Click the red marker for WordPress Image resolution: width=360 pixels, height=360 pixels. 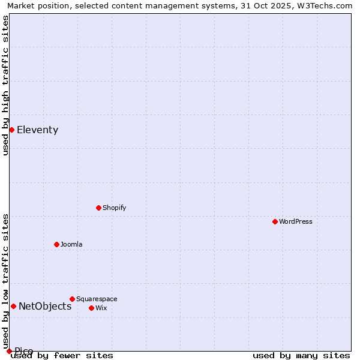coord(275,221)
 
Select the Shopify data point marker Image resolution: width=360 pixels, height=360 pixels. coord(98,208)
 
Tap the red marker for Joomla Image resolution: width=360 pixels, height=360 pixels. coord(56,244)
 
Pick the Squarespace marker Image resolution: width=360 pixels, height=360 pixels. coord(72,299)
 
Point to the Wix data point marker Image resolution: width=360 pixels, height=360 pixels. coord(91,308)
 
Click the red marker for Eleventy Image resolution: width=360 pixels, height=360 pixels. coord(11,130)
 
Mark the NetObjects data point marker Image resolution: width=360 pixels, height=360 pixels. coord(13,306)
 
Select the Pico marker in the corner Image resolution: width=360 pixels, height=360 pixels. coord(9,351)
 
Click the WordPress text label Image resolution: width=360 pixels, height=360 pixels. coord(296,221)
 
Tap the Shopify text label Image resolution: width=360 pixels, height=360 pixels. coord(115,208)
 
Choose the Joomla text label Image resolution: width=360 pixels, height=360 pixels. coord(71,244)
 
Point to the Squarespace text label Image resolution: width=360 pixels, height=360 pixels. coord(97,299)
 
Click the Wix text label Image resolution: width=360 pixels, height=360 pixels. coord(101,308)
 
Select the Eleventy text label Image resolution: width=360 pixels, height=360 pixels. coord(38,130)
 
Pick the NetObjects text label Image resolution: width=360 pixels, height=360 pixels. coord(45,307)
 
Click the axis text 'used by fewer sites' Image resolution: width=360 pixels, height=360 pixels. coord(62,355)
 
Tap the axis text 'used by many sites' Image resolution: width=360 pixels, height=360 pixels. coord(301,355)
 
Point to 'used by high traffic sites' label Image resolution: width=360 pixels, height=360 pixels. coord(5,85)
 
